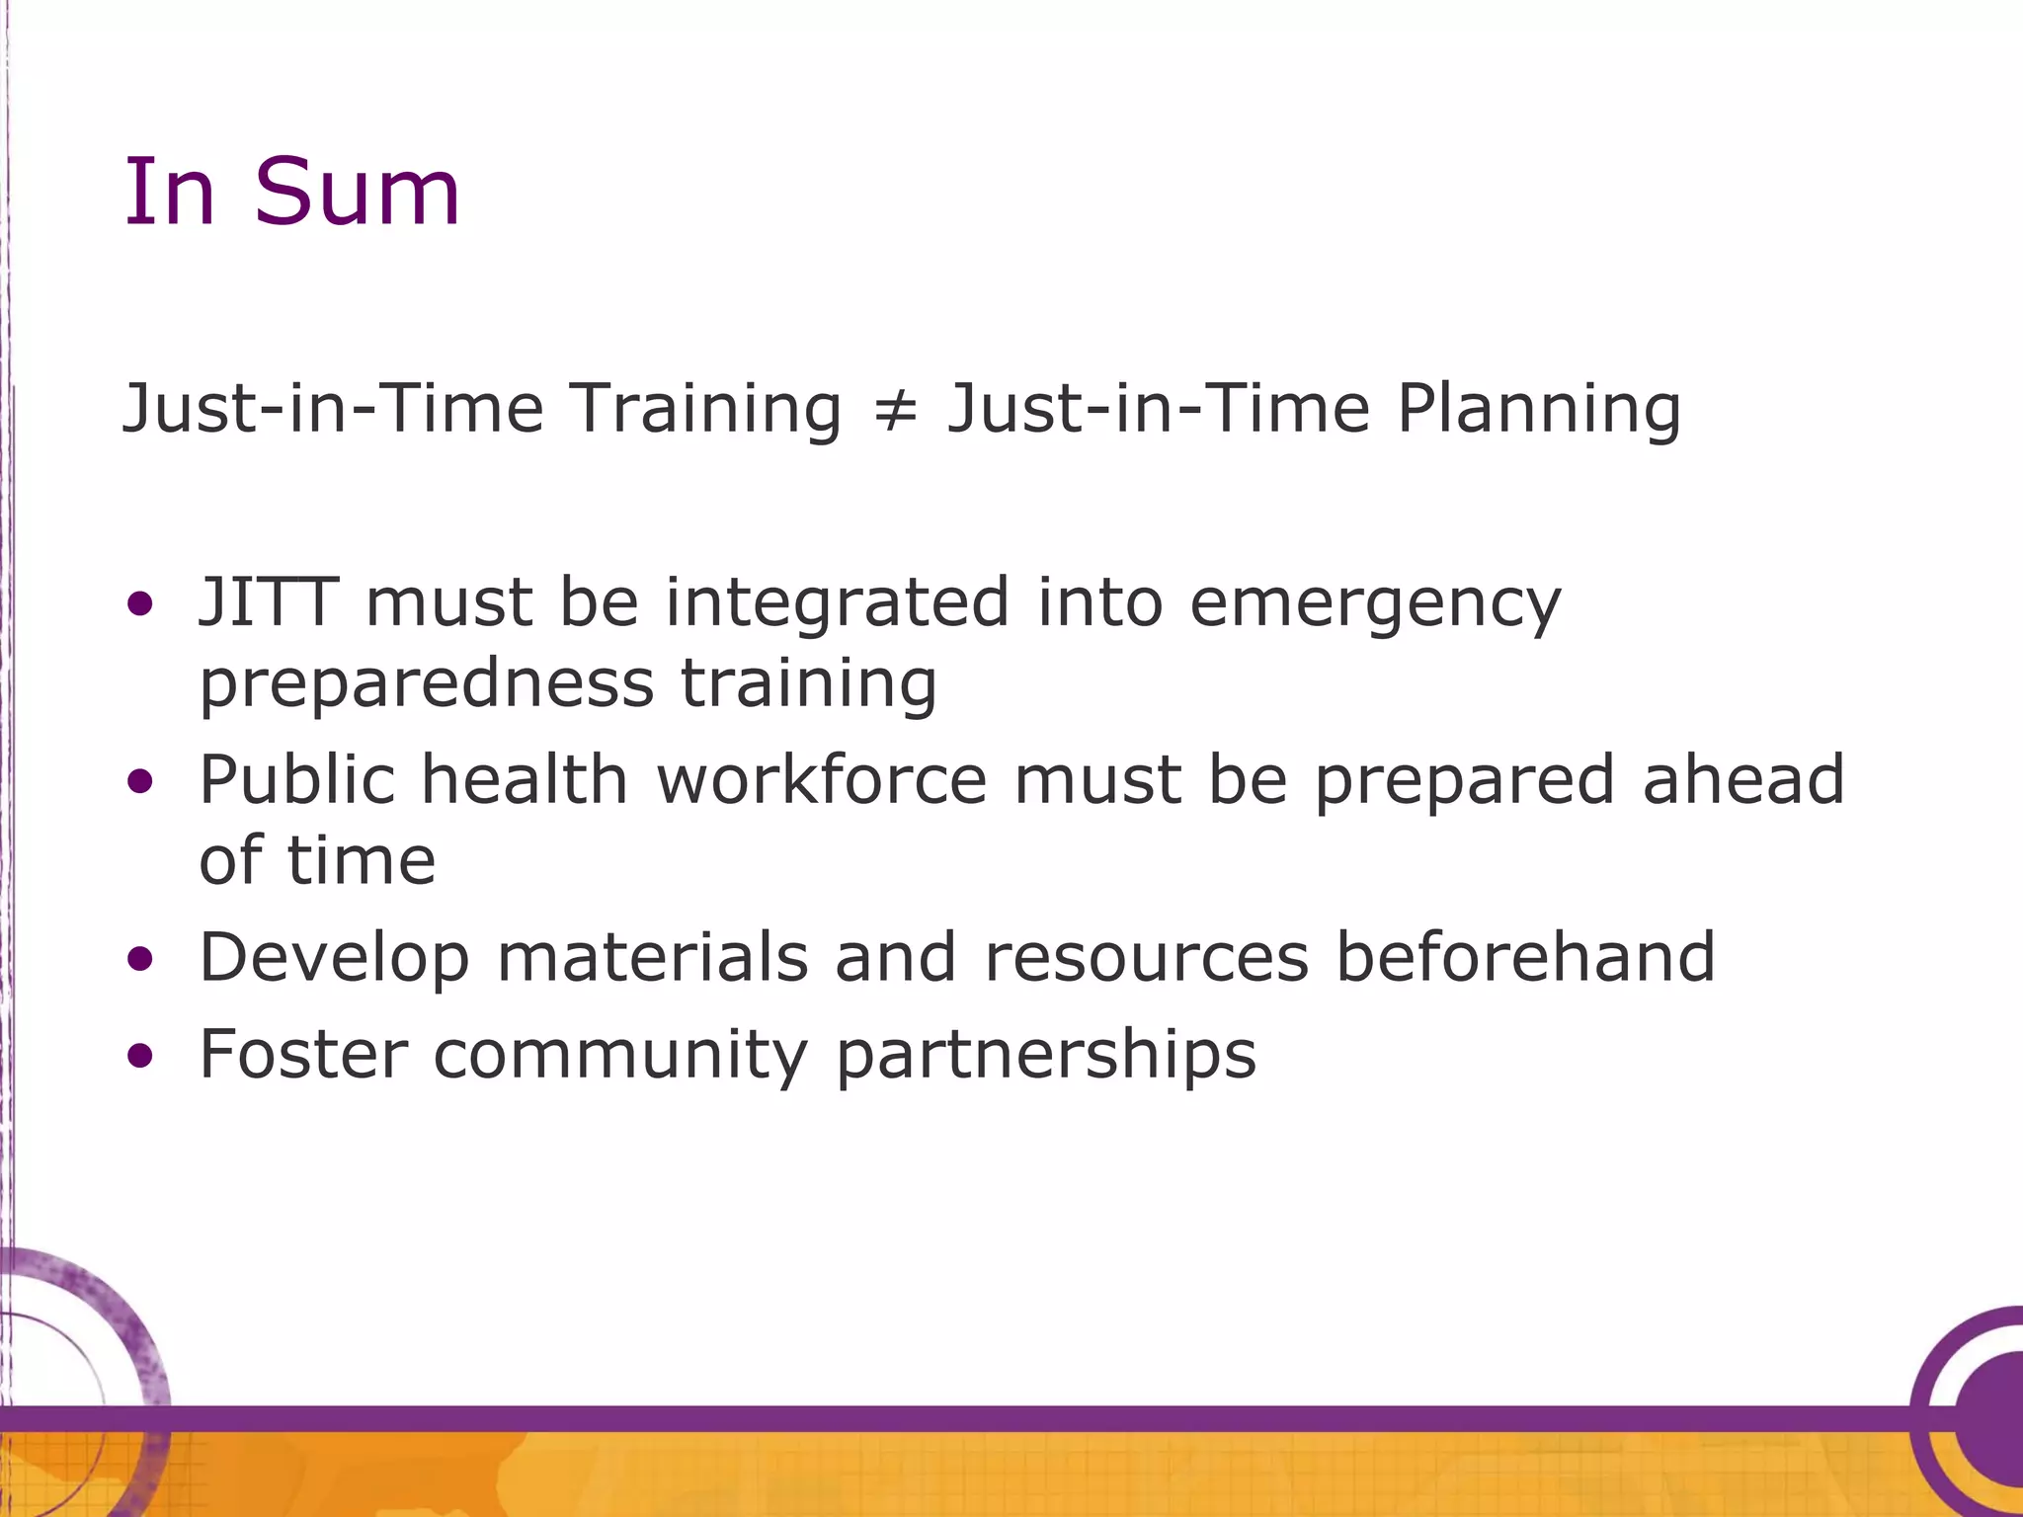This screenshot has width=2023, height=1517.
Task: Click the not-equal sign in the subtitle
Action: [x=895, y=409]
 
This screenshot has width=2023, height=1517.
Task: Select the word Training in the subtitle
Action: [x=705, y=409]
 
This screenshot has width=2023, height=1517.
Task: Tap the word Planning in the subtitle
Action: [x=1539, y=409]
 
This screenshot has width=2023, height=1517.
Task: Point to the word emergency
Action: [x=1375, y=604]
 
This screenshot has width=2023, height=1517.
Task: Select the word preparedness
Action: [x=427, y=684]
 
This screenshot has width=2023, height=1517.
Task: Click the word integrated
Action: [x=838, y=604]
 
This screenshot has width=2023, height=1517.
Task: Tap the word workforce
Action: [x=822, y=779]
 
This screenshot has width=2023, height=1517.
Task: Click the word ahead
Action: [x=1743, y=779]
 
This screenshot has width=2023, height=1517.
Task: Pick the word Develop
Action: [x=334, y=959]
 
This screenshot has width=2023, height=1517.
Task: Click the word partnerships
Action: [x=1046, y=1056]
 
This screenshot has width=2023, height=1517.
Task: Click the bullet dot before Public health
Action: [x=141, y=782]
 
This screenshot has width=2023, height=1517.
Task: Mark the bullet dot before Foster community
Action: [x=141, y=1057]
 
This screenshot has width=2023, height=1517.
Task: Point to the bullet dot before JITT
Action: [x=141, y=603]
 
